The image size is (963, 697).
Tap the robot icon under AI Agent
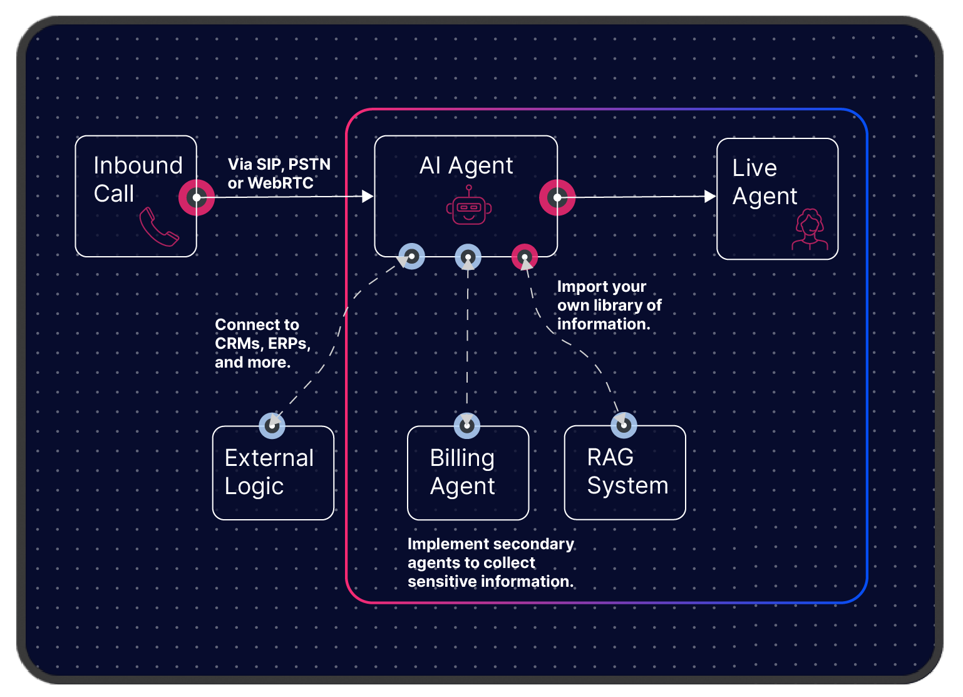click(469, 207)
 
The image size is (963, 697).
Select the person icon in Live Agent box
click(810, 230)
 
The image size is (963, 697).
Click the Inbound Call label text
click(138, 180)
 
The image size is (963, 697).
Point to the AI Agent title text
click(466, 166)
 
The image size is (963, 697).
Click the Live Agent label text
click(765, 182)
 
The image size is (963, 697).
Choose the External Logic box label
click(269, 472)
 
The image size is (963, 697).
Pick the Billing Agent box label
click(462, 472)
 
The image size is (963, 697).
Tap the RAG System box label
click(627, 472)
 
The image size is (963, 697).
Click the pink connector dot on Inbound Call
click(197, 197)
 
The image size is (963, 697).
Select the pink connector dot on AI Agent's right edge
click(557, 197)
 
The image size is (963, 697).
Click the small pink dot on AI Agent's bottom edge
click(525, 257)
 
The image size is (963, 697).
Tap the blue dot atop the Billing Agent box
click(467, 426)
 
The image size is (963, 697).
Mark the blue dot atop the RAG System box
click(624, 425)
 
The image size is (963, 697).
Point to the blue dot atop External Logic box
click(272, 426)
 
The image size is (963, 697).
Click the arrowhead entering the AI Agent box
click(368, 197)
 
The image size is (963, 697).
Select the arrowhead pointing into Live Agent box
click(710, 197)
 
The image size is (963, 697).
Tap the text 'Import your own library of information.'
click(609, 305)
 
